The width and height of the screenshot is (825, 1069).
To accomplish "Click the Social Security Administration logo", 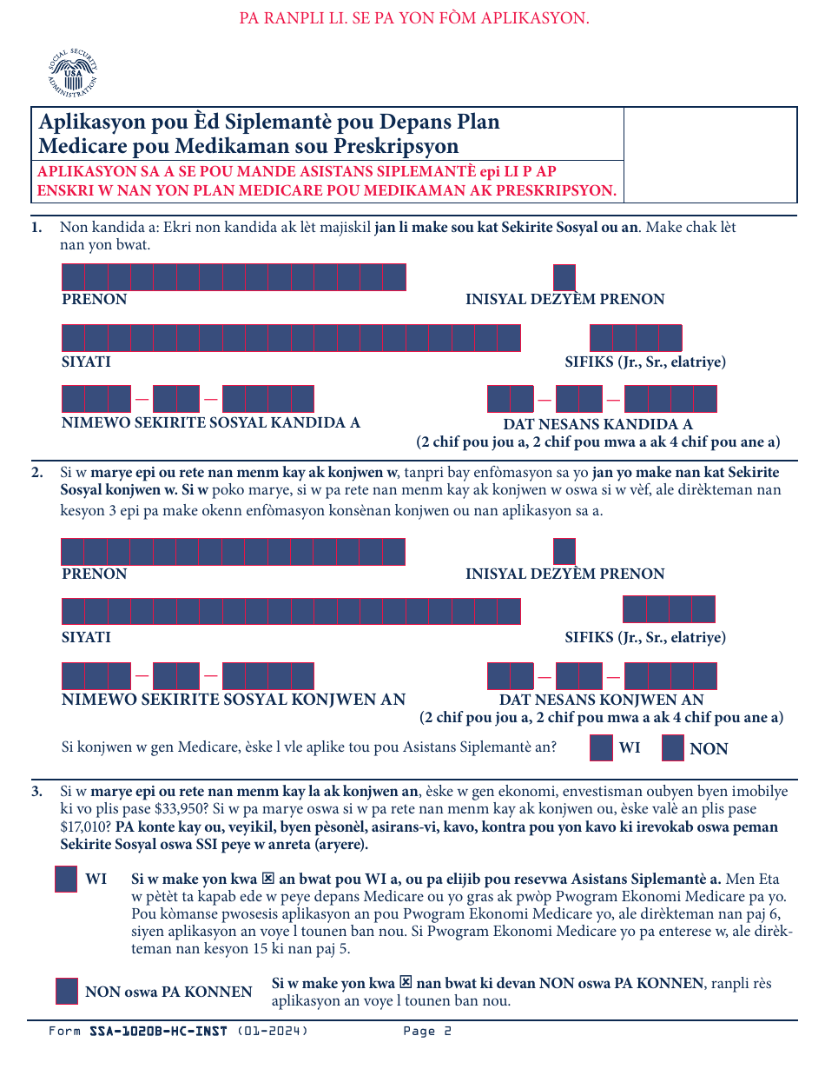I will coord(73,74).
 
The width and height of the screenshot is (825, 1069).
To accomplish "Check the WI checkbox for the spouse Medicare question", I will coord(601,748).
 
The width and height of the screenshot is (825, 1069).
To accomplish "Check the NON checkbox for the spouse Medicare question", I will coord(673,748).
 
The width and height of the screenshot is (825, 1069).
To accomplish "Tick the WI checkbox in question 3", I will coord(66,880).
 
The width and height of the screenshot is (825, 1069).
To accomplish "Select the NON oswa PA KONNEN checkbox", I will coord(67,992).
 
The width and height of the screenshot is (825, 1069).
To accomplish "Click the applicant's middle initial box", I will coord(564,277).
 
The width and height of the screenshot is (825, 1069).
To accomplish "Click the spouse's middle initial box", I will coord(564,552).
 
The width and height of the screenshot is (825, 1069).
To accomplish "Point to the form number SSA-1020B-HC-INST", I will coord(158,1032).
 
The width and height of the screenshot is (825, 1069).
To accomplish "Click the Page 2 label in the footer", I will coord(427,1032).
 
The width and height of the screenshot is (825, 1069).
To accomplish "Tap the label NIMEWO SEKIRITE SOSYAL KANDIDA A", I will coord(211,423).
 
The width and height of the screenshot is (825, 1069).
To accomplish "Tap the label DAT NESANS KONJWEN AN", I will coord(601,700).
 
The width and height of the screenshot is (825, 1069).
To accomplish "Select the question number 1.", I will coord(36,228).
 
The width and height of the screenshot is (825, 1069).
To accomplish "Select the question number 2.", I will coord(36,473).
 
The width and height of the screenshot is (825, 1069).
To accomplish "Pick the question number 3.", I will coord(36,792).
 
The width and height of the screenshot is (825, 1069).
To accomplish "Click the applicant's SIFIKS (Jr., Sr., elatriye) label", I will coord(645,362).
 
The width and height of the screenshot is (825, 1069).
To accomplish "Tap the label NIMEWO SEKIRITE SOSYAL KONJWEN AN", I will coord(234,700).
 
